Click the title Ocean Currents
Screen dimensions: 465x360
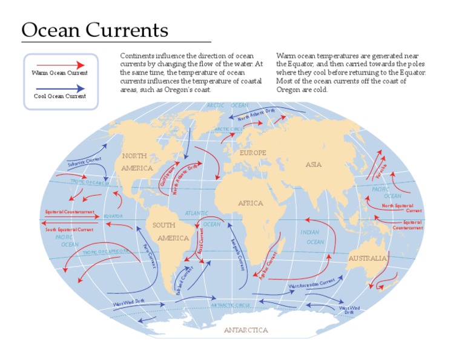95,30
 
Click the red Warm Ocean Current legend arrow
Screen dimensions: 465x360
60,64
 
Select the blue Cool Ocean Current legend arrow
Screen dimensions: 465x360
60,88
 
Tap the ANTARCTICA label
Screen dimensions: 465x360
246,330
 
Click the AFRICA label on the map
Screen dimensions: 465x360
251,204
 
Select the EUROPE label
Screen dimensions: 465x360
252,153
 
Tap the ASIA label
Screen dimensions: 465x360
314,164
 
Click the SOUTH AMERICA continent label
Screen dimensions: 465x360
173,232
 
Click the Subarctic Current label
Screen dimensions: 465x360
84,162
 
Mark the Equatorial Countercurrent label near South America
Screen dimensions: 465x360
70,212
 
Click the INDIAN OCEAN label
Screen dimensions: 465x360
312,237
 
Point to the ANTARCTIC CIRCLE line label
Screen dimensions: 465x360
231,305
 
